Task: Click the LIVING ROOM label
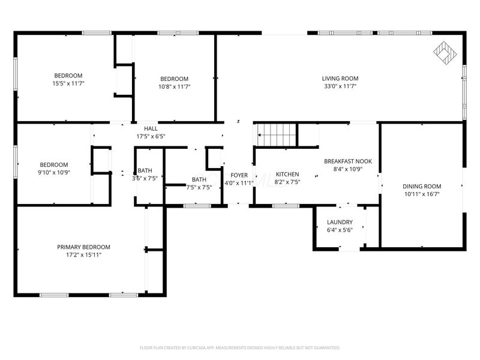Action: point(340,79)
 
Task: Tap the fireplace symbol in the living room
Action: point(445,53)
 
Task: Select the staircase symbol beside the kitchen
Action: point(277,134)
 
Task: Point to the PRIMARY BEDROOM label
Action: point(83,247)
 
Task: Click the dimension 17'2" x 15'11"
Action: point(83,255)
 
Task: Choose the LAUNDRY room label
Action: point(339,223)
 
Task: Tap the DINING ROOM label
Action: point(421,187)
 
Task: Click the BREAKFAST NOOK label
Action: point(348,161)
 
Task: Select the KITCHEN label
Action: point(287,175)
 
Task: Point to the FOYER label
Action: point(239,175)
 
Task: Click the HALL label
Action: point(151,128)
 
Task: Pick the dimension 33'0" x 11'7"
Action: point(340,86)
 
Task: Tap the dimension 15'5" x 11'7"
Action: point(67,83)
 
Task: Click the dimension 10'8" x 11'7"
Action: point(174,86)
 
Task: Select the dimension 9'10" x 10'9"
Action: point(54,173)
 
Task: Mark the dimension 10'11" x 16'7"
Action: point(421,194)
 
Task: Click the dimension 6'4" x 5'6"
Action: point(339,230)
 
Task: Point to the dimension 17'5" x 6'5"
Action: point(151,136)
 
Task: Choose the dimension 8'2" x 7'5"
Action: point(287,182)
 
